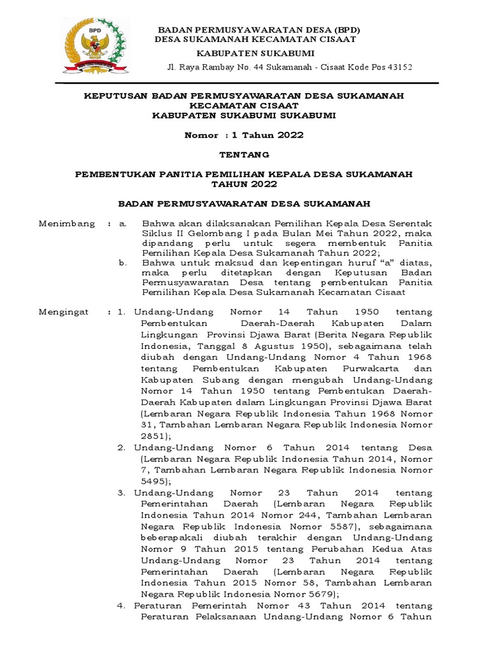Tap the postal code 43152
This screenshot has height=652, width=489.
pos(399,67)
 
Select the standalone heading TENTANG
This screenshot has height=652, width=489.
pos(244,154)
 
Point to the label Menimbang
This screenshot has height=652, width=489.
pos(67,223)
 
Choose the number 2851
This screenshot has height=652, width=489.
pos(153,436)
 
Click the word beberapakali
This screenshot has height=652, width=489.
pos(169,538)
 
